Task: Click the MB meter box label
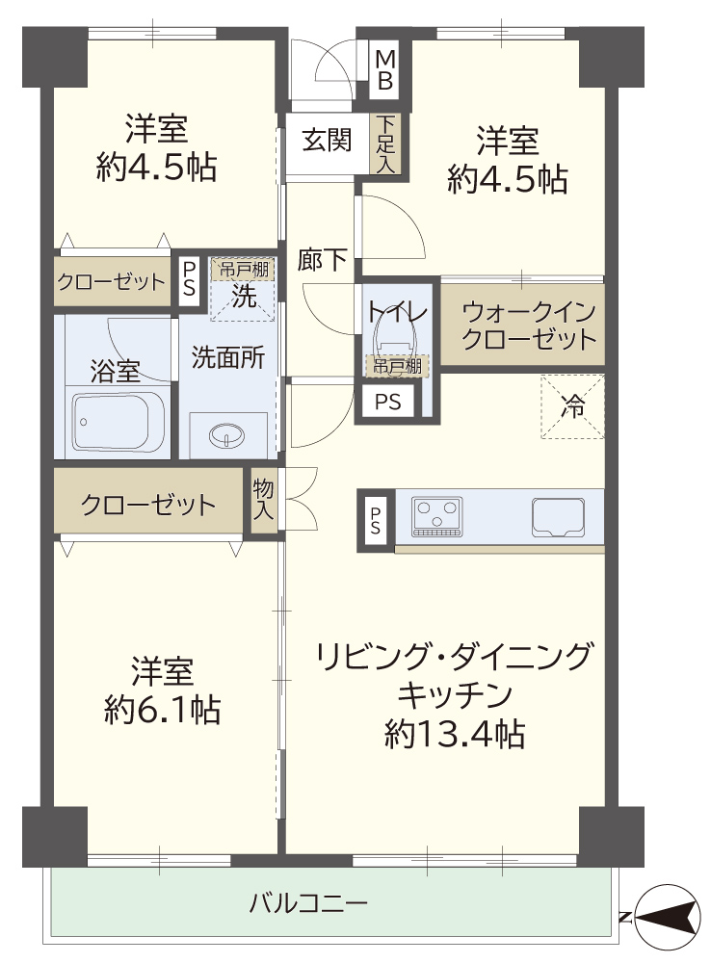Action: coord(385,70)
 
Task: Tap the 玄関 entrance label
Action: coord(327,141)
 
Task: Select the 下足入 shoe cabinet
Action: coord(385,143)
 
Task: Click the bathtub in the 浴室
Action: coord(118,422)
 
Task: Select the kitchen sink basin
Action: coord(558,516)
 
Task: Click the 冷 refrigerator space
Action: coord(572,407)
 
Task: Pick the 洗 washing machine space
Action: coord(243,290)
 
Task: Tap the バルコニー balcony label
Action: coord(308,903)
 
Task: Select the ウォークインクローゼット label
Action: coord(529,325)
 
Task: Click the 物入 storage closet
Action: coord(264,499)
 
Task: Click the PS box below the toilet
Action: coord(387,403)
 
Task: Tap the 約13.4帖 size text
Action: coord(455,733)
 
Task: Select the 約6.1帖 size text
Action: coord(163,710)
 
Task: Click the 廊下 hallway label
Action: coord(322,260)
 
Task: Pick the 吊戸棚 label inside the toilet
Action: coord(397,367)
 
